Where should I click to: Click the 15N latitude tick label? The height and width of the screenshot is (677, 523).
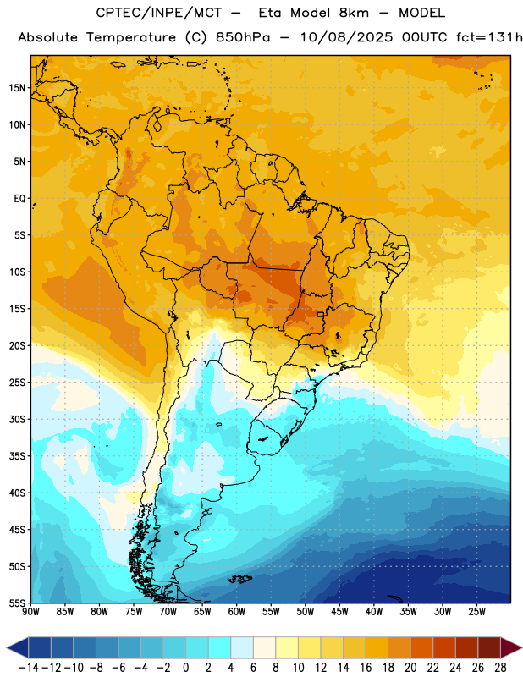(17, 88)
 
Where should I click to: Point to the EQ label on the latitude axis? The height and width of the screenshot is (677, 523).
(19, 199)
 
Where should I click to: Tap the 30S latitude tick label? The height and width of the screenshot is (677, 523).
(17, 419)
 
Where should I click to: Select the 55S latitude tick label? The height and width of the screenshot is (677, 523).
(17, 603)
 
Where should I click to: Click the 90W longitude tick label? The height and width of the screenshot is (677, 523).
(30, 612)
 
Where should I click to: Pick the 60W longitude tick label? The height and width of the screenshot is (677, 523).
(237, 612)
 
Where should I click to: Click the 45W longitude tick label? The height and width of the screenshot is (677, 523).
(339, 612)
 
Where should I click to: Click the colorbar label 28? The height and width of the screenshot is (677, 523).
(500, 668)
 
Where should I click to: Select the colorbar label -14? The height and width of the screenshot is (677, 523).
(29, 668)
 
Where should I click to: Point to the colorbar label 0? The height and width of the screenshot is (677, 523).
(185, 668)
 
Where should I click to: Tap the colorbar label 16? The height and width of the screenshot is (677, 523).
(366, 668)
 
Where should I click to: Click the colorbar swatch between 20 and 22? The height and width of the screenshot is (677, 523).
(421, 647)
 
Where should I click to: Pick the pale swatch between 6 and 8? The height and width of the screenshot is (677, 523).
(264, 647)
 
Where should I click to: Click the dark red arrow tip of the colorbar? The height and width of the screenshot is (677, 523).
(520, 647)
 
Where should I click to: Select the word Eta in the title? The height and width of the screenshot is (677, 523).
(270, 13)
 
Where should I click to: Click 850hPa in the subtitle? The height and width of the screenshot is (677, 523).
(243, 37)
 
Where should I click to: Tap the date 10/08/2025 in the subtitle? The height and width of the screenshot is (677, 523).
(346, 37)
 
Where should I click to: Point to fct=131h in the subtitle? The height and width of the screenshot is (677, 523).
(489, 37)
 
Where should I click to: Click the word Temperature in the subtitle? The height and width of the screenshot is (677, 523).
(131, 38)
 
